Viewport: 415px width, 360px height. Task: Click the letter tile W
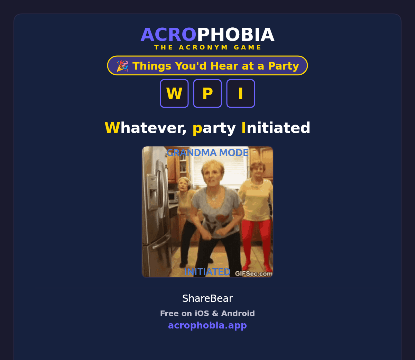pos(174,93)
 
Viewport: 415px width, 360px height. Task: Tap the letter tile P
pos(207,93)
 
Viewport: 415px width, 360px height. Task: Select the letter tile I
pos(241,93)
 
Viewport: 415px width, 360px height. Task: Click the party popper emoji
pos(122,66)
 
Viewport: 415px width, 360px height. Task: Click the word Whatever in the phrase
pos(146,128)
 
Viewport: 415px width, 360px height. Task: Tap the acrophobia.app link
pos(207,325)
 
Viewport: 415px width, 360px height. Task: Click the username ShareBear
pos(207,298)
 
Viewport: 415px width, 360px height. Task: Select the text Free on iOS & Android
pos(207,313)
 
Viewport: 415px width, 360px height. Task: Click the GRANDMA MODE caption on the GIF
pos(207,153)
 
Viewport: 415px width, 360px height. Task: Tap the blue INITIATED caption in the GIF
pos(207,272)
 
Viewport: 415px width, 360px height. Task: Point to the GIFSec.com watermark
pos(253,274)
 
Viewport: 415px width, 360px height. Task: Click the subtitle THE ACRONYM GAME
pos(207,47)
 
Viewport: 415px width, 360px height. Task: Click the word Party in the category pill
pos(284,66)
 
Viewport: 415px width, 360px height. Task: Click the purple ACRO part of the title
pos(168,35)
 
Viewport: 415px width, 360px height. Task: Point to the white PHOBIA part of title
pos(236,35)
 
